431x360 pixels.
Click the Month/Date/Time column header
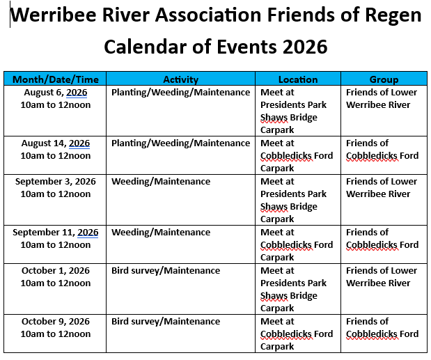(x=56, y=79)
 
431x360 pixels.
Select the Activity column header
(x=180, y=79)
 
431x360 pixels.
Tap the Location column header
(x=298, y=79)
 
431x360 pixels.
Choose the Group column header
(x=384, y=79)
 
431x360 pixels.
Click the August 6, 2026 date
(x=56, y=93)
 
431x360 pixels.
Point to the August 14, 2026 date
(x=56, y=143)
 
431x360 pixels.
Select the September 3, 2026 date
(x=56, y=181)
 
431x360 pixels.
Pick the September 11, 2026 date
(x=56, y=232)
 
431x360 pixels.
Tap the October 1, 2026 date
(x=56, y=270)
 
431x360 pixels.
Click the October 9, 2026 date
(x=56, y=321)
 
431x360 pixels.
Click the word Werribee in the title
(x=53, y=15)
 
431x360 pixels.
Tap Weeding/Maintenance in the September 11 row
(x=161, y=232)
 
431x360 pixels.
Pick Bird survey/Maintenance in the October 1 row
(x=166, y=270)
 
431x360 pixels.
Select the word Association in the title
(x=208, y=15)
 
